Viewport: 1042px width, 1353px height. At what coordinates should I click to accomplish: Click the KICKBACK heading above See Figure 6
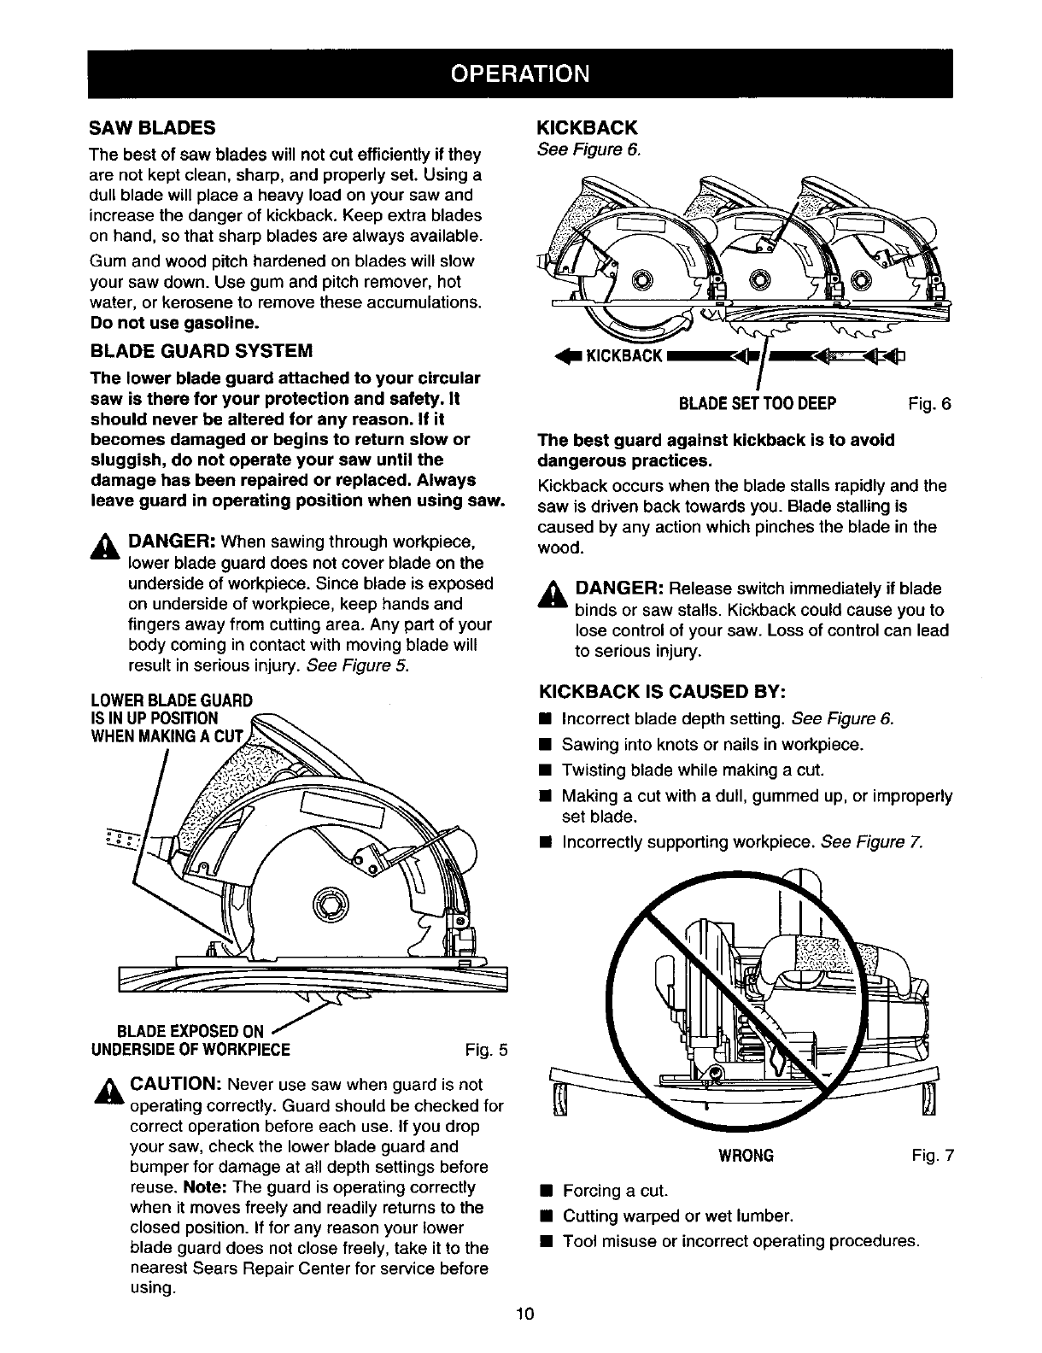click(x=586, y=128)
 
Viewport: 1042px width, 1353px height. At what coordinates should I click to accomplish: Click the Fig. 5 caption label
click(x=488, y=1049)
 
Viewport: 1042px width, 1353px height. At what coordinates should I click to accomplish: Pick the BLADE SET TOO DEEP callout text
click(x=757, y=403)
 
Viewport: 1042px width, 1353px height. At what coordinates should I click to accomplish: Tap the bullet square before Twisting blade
click(x=543, y=770)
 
